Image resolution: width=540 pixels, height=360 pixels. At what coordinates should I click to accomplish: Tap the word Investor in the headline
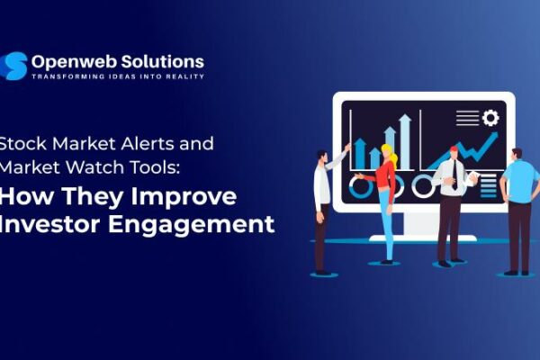click(55, 224)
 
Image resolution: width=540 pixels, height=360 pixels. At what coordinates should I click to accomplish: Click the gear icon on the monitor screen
click(490, 118)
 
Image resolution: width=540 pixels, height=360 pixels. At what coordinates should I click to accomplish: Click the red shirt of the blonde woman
click(385, 175)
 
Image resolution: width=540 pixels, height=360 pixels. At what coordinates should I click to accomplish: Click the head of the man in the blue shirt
click(517, 154)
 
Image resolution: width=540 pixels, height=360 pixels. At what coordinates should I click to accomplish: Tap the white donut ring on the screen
click(423, 185)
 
